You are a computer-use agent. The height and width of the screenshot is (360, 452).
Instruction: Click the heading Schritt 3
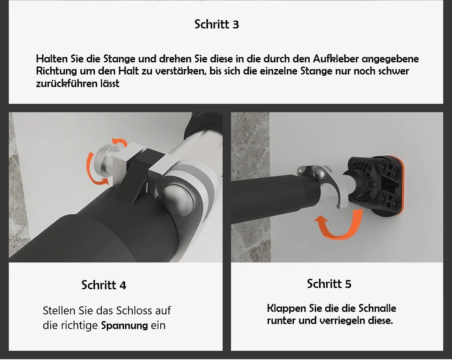tap(216, 24)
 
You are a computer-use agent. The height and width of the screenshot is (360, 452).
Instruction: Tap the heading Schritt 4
tap(104, 285)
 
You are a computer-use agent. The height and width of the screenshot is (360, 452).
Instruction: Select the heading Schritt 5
tap(329, 284)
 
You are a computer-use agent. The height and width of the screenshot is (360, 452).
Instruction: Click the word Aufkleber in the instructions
tap(336, 59)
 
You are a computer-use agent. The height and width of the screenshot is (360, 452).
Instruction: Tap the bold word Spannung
tap(125, 326)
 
